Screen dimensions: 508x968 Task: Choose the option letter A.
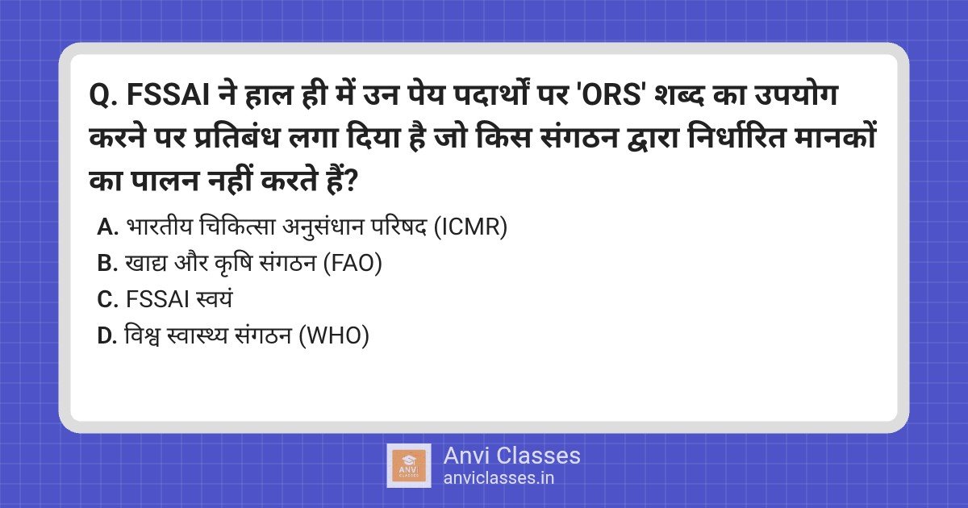click(x=107, y=228)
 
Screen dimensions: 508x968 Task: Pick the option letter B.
click(x=107, y=264)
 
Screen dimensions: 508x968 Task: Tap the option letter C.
click(x=107, y=300)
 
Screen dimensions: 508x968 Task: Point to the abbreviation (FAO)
click(x=352, y=264)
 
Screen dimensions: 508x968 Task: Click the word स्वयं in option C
click(x=213, y=300)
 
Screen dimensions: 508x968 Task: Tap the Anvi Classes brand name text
click(x=511, y=456)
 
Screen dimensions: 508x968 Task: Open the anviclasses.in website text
click(x=499, y=478)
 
